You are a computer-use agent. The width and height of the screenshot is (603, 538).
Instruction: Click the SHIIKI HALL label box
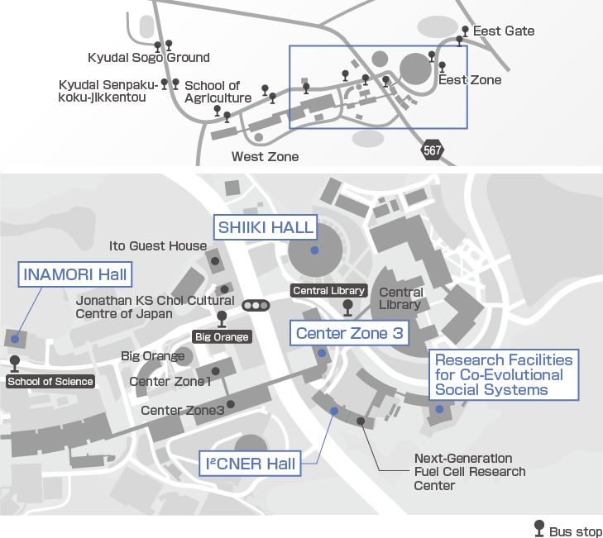pos(265,226)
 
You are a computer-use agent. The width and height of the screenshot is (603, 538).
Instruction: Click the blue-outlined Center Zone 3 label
pos(349,334)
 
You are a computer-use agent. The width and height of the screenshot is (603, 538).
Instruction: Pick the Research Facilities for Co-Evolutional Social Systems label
pos(503,374)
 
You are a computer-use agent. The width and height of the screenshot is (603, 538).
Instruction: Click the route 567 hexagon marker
pos(432,150)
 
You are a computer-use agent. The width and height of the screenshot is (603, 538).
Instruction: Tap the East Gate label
pos(504,31)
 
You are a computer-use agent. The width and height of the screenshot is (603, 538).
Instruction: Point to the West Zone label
pos(265,156)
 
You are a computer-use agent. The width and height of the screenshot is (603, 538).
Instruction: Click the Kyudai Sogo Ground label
pos(149,58)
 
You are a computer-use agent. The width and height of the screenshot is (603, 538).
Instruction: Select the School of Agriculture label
pos(218,92)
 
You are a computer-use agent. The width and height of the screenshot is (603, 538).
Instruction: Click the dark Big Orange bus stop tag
pos(222,336)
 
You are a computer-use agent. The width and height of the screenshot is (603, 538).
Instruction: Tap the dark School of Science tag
pos(50,381)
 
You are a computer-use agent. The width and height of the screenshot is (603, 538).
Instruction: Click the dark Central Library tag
pos(328,291)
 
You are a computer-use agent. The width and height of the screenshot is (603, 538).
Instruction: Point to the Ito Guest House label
pos(158,246)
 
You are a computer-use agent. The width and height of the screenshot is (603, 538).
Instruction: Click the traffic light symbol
pos(256,306)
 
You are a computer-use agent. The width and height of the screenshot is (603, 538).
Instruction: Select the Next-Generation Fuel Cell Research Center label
pos(469,472)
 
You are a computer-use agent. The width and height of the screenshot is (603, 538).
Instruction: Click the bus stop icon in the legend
pos(539,529)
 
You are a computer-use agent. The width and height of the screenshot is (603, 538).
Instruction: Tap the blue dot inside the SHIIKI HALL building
pos(314,250)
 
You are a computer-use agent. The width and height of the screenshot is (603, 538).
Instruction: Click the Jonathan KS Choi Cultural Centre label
pos(155,307)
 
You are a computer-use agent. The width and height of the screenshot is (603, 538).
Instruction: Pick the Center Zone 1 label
pos(170,382)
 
